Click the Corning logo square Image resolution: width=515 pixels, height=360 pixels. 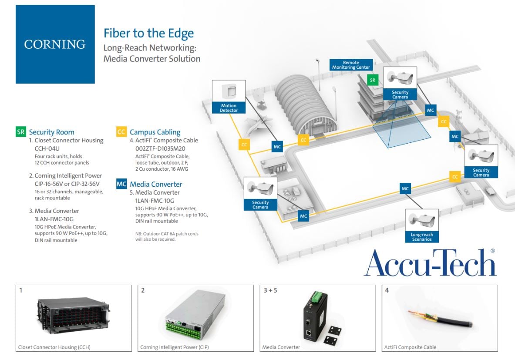click(x=55, y=44)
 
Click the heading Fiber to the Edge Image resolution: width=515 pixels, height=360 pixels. click(x=148, y=34)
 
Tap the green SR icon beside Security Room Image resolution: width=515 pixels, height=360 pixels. click(x=20, y=132)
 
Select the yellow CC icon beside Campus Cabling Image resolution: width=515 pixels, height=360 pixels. click(x=121, y=132)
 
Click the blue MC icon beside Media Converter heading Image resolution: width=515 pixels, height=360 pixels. click(x=121, y=184)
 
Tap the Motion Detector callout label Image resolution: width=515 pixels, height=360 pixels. click(x=229, y=108)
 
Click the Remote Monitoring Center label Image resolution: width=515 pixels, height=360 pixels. click(x=351, y=65)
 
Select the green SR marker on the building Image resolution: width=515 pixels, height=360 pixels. click(x=372, y=80)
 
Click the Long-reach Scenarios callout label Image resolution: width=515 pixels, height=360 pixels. click(x=422, y=237)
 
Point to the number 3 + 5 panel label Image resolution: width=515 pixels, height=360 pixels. click(x=270, y=290)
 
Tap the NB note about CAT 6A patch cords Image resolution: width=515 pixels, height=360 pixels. click(x=167, y=236)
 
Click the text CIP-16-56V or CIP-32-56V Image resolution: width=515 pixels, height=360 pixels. click(x=68, y=184)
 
